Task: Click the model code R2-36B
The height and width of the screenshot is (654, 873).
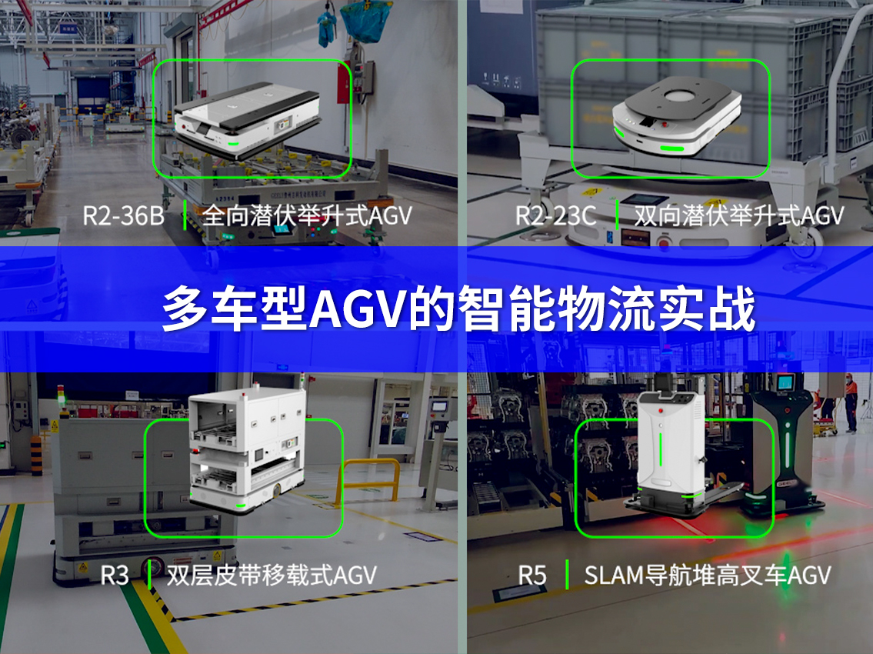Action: pyautogui.click(x=123, y=215)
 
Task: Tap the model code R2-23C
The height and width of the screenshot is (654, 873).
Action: pyautogui.click(x=555, y=215)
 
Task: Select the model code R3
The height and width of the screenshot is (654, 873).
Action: pyautogui.click(x=115, y=575)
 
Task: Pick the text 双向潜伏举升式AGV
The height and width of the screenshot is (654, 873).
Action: pyautogui.click(x=738, y=215)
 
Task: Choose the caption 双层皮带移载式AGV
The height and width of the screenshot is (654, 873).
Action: pyautogui.click(x=272, y=575)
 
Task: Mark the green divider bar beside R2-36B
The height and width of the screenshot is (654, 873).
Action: pyautogui.click(x=185, y=215)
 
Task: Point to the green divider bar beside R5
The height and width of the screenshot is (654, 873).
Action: pyautogui.click(x=567, y=575)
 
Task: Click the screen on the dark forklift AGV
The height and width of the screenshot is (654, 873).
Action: pyautogui.click(x=785, y=382)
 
